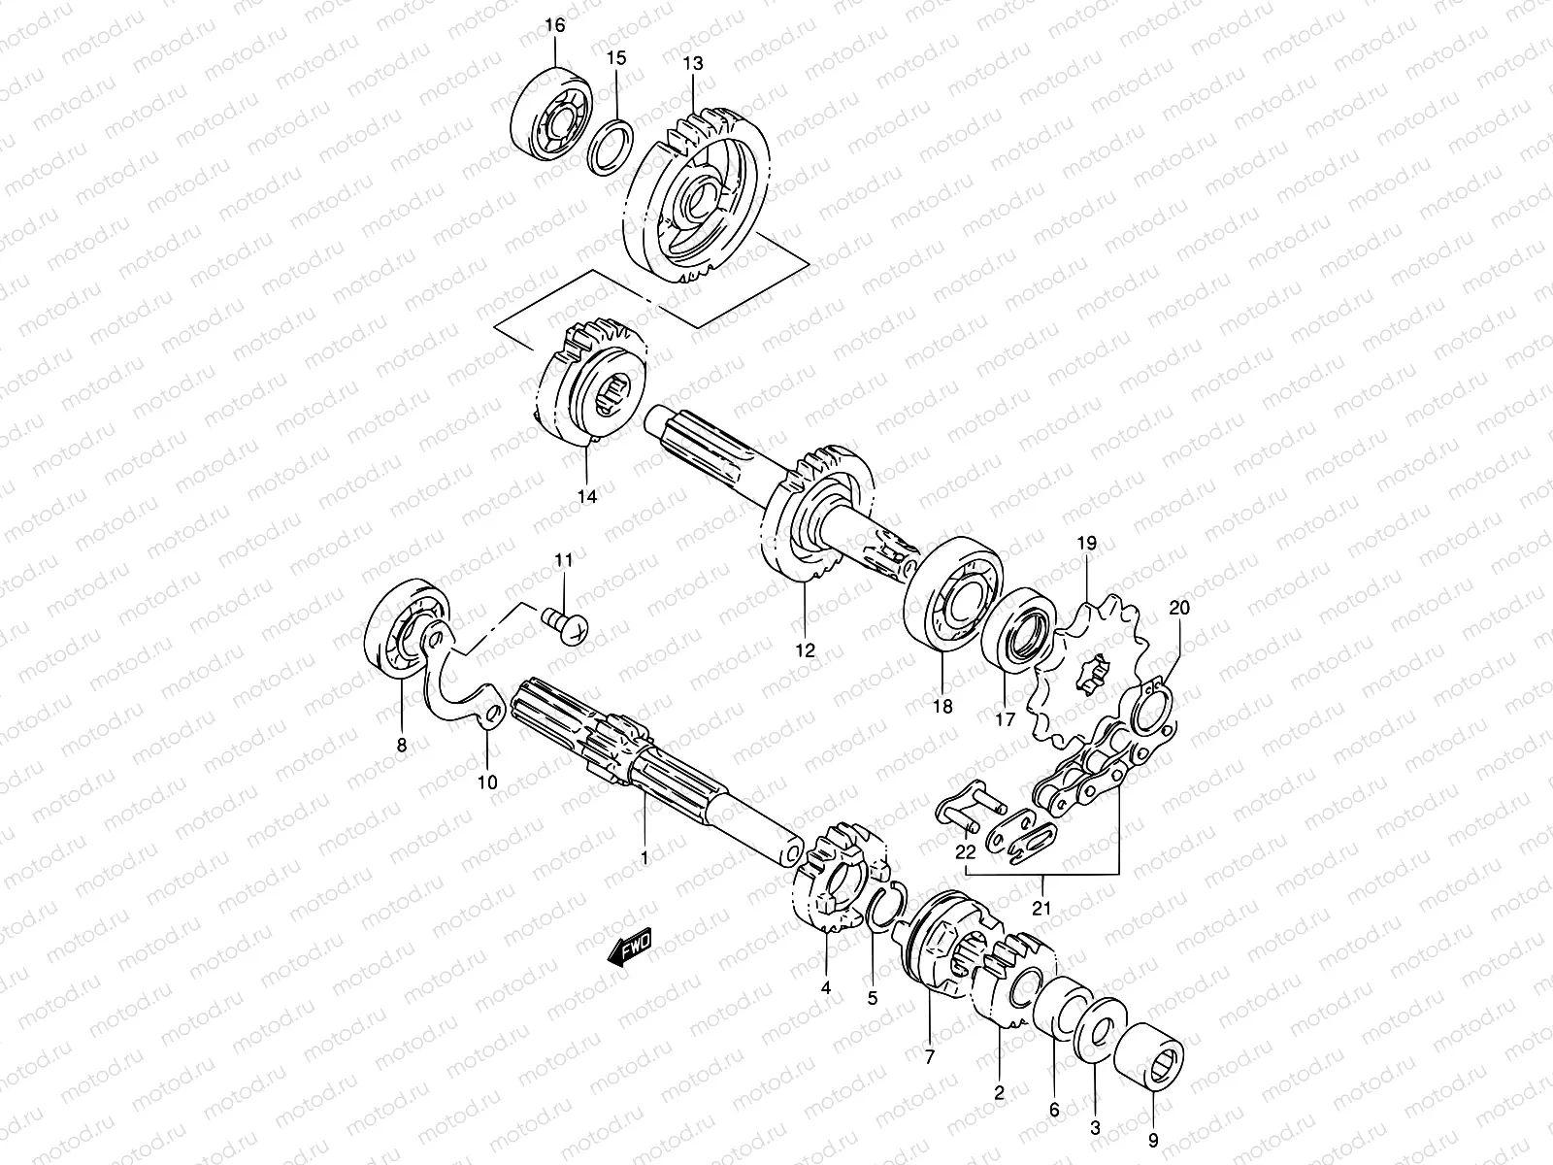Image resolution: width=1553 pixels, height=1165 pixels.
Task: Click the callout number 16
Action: pyautogui.click(x=554, y=26)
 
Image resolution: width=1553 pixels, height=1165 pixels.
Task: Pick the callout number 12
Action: pyautogui.click(x=805, y=650)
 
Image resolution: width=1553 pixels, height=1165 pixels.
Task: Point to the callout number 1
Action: pyautogui.click(x=644, y=858)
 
